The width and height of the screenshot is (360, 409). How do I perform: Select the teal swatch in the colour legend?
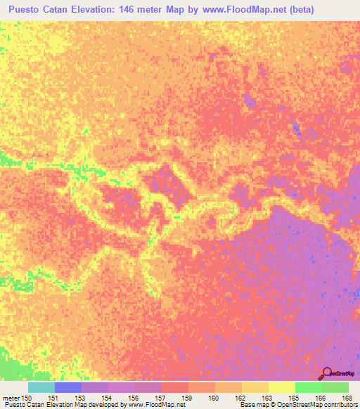click(x=41, y=387)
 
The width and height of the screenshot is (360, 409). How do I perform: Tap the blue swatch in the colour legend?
click(x=68, y=387)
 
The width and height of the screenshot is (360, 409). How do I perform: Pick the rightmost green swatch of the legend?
click(x=335, y=387)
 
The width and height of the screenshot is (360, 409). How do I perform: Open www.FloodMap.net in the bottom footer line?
click(x=150, y=405)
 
